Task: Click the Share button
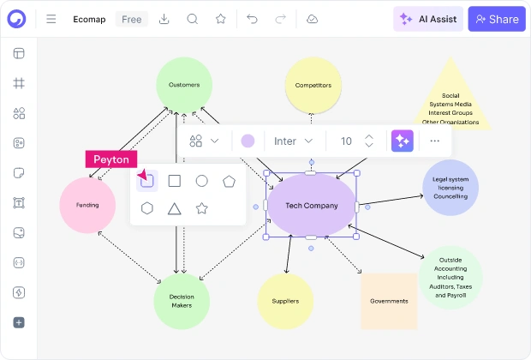[x=497, y=19]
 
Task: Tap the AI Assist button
[x=428, y=19]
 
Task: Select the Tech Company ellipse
[x=311, y=205]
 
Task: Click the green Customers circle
[x=184, y=85]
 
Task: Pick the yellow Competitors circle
[x=313, y=85]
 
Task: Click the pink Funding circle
[x=87, y=205]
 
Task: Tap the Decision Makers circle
[x=182, y=301]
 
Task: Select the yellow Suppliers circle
[x=285, y=301]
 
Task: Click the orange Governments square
[x=389, y=301]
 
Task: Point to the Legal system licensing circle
[x=450, y=188]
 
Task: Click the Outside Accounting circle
[x=450, y=278]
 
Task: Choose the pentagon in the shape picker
[x=229, y=182]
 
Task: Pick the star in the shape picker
[x=202, y=208]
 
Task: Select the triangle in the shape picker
[x=175, y=209]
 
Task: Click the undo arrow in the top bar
[x=252, y=19]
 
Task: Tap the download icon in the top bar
[x=164, y=19]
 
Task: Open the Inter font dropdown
[x=293, y=141]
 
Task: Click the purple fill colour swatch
[x=248, y=141]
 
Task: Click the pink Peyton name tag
[x=111, y=159]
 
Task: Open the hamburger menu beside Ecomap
[x=51, y=19]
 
